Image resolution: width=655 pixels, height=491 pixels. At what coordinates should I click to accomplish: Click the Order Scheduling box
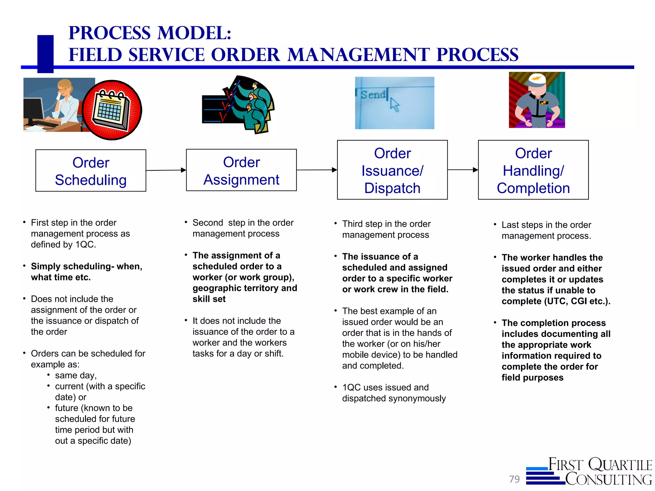tap(91, 171)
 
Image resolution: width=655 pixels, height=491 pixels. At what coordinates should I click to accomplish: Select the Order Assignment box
tap(241, 170)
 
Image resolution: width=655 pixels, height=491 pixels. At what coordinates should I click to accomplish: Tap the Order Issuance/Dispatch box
tap(392, 170)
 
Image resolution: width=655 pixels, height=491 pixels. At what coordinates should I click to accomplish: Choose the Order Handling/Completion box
tap(533, 170)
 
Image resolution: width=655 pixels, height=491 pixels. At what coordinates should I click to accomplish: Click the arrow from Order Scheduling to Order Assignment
tap(166, 170)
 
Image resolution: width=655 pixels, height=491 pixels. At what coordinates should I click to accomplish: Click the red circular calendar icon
tap(112, 110)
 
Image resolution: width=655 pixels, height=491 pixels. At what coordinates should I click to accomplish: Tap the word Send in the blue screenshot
tap(373, 95)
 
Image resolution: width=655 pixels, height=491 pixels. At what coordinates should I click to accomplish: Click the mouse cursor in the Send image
tap(395, 105)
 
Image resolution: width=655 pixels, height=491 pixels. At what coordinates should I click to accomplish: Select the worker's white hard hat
tap(537, 80)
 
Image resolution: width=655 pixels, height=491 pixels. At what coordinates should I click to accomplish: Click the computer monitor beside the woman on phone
tap(34, 110)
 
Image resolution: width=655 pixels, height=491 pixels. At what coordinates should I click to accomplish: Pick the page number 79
tap(514, 479)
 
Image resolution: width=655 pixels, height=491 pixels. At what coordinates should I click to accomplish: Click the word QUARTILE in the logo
tap(620, 465)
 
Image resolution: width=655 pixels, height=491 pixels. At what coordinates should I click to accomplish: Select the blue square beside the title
tap(45, 53)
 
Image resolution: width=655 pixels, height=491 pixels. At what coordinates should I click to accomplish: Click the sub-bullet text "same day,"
tap(76, 375)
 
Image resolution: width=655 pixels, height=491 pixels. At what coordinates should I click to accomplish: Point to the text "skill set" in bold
tap(209, 299)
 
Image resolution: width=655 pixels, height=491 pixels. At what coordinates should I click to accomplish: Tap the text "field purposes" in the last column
tap(532, 378)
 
